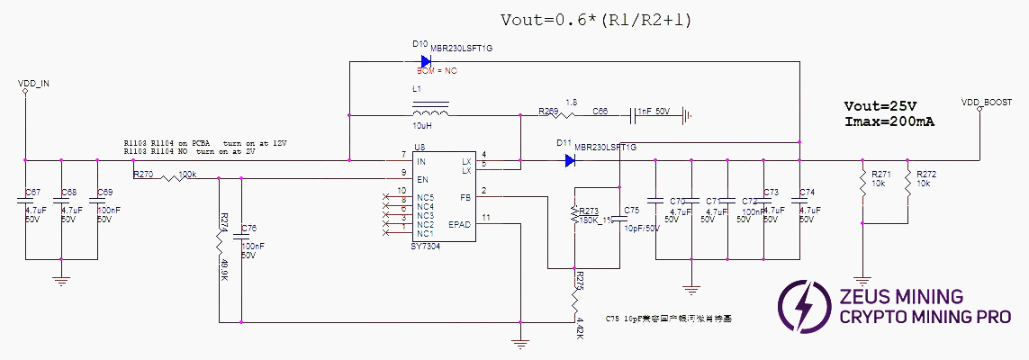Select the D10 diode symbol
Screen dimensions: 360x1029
point(424,61)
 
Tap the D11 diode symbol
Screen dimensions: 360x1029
point(570,161)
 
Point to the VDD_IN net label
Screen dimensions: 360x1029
point(33,83)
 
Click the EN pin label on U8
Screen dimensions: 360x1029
point(421,179)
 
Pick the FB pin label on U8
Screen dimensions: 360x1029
point(465,197)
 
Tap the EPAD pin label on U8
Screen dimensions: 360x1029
point(461,224)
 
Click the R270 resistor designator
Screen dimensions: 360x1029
point(143,174)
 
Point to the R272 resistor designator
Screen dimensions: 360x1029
point(926,173)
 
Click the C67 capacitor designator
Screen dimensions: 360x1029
point(32,193)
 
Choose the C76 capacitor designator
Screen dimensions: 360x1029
point(249,228)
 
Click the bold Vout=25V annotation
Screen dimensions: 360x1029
point(877,105)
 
